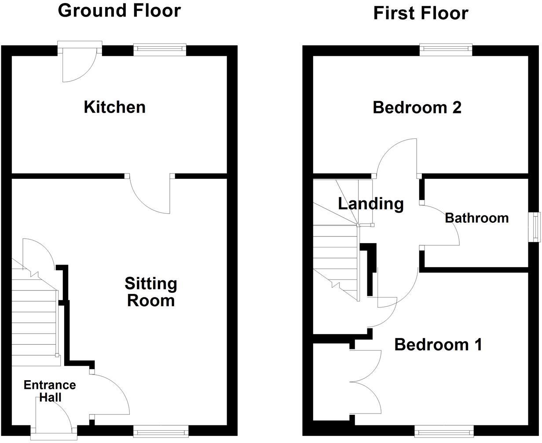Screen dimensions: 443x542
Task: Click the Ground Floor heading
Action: coord(119,11)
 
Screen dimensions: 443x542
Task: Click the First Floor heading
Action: coord(421,13)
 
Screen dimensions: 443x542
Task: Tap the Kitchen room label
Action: coord(114,107)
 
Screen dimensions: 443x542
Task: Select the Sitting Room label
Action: coord(151,292)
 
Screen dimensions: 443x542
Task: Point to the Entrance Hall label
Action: coord(49,391)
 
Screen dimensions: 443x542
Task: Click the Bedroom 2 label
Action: coord(417,107)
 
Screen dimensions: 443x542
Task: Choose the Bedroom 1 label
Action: coord(438,344)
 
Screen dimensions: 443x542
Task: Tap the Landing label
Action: coord(370,203)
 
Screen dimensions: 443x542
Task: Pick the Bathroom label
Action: coord(476,218)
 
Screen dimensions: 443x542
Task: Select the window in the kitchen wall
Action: coord(160,50)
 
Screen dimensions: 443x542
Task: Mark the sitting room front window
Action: coord(161,431)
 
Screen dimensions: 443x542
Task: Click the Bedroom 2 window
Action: coord(446,50)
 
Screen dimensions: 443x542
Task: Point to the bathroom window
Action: coord(534,227)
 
